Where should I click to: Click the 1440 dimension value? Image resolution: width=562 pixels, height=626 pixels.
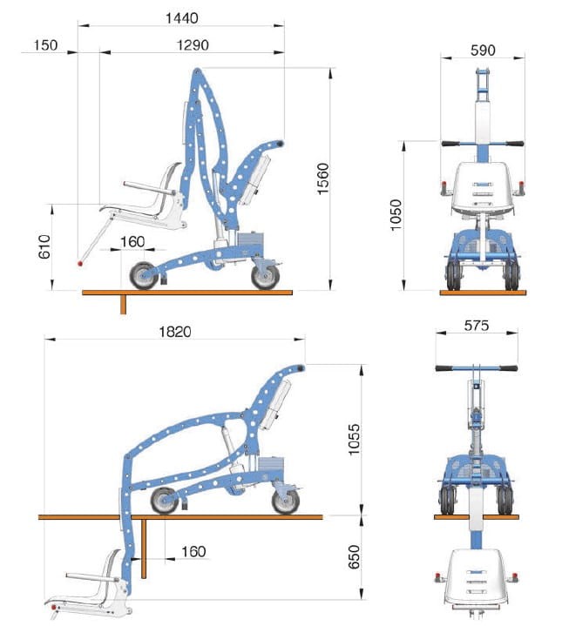(x=182, y=18)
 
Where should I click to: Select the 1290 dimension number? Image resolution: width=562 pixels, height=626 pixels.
(x=193, y=44)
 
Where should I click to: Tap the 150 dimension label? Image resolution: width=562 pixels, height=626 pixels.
(x=45, y=44)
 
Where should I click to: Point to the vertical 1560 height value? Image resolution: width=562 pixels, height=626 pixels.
(x=322, y=178)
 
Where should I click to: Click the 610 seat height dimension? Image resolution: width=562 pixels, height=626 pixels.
(x=44, y=246)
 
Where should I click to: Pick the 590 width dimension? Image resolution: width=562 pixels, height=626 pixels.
(x=483, y=50)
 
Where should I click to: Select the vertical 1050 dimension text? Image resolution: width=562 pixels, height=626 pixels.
(x=396, y=215)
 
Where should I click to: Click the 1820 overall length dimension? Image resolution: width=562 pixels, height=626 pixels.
(x=175, y=332)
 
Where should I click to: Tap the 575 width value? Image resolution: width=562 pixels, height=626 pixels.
(x=477, y=326)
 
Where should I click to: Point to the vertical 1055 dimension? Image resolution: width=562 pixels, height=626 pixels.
(x=354, y=439)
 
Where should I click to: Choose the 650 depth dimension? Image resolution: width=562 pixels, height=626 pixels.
(x=354, y=556)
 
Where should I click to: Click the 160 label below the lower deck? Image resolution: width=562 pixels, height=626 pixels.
(x=193, y=552)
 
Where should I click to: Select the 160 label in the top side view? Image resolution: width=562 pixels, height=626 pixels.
(x=132, y=241)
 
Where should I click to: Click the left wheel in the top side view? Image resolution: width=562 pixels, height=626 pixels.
(x=144, y=275)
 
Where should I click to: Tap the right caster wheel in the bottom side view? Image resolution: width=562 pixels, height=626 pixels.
(x=286, y=501)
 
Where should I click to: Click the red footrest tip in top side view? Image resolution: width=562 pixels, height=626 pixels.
(x=80, y=264)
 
